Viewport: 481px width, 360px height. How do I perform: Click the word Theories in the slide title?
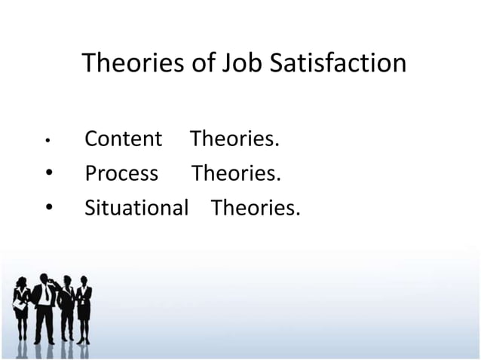133,63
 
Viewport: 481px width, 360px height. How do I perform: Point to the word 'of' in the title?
201,63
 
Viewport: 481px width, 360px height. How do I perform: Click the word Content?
123,139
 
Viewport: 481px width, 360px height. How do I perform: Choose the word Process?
121,174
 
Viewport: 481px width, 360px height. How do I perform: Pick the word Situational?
136,209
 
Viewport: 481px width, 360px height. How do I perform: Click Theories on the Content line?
234,139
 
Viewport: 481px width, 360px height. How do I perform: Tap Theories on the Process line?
236,174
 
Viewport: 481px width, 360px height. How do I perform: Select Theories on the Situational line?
256,209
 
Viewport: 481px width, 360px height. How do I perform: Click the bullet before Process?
47,174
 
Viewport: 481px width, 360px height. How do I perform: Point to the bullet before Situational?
47,209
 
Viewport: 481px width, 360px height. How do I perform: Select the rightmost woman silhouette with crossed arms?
84,309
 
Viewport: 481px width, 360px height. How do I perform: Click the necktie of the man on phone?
46,294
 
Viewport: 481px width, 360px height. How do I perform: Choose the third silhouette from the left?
66,309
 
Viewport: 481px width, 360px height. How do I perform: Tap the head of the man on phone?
44,279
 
